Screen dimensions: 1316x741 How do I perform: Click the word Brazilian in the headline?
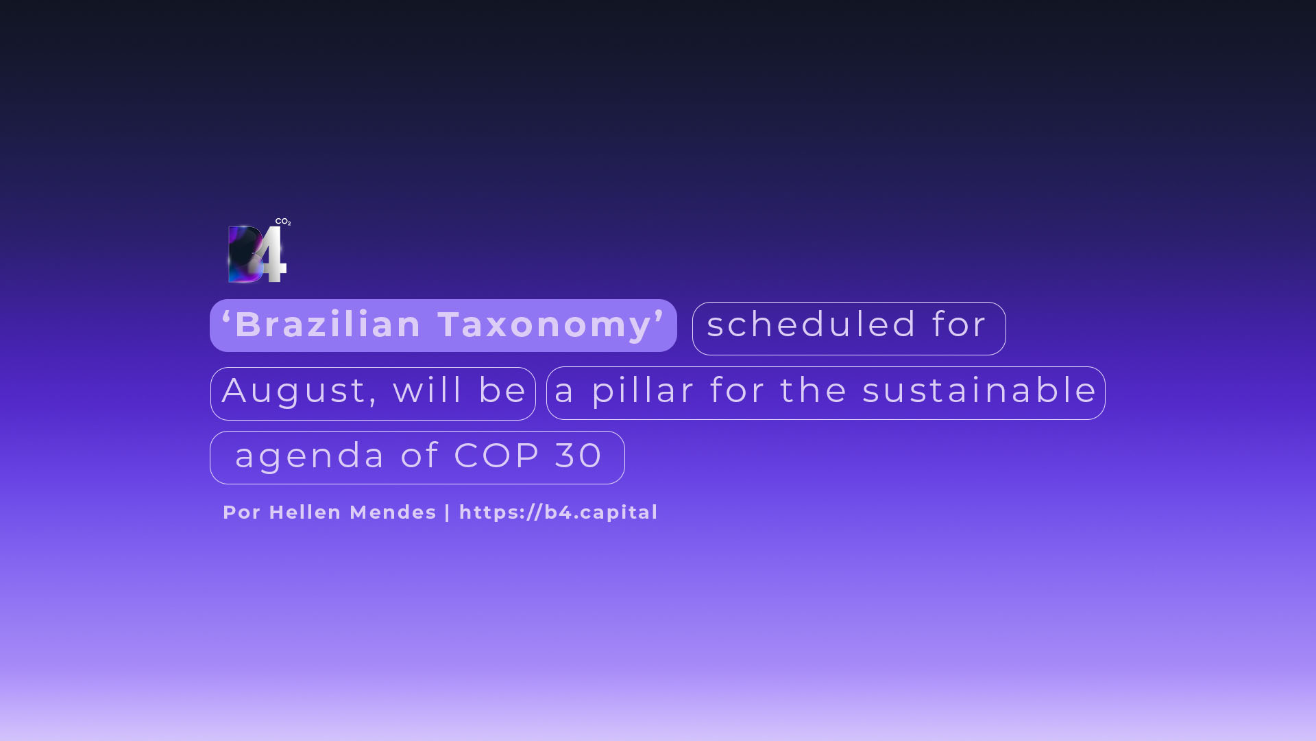pos(328,324)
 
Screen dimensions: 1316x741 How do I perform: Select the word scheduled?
pos(812,324)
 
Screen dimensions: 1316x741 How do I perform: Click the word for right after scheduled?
pos(960,324)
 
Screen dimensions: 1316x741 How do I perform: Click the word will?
pos(428,390)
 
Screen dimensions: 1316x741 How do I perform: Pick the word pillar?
pos(644,391)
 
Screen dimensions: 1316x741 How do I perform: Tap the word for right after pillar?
pos(738,390)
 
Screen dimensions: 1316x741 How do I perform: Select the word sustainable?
pos(979,390)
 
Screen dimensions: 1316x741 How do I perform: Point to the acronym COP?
pos(497,456)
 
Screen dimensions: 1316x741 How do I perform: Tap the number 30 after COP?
pos(578,456)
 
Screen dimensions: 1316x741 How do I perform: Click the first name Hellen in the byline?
pos(305,512)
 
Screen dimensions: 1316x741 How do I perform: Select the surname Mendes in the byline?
pos(393,512)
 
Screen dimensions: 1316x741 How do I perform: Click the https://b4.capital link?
pos(559,513)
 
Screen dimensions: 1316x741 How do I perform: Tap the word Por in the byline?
pos(242,512)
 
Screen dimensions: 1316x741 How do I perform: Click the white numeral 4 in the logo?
pos(272,254)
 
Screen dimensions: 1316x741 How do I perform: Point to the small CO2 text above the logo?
pos(283,222)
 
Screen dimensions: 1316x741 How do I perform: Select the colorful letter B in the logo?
pos(245,254)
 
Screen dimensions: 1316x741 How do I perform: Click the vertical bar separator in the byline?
pos(448,513)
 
